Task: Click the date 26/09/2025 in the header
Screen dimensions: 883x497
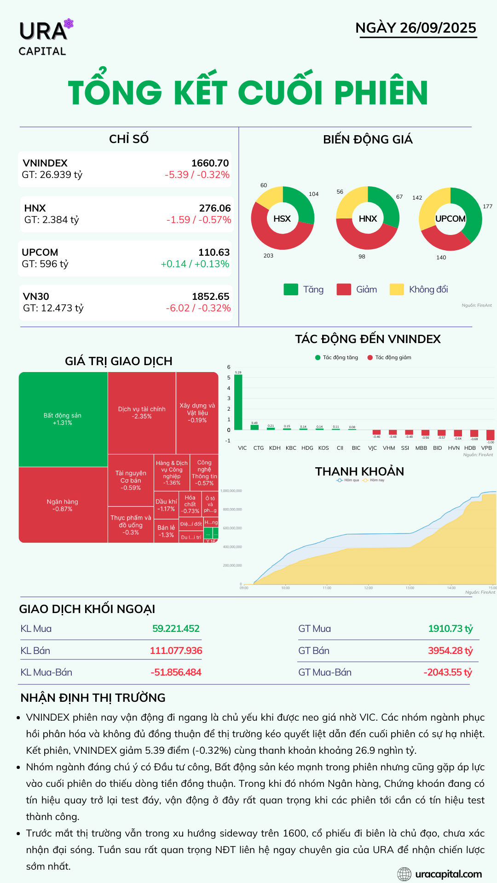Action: point(438,28)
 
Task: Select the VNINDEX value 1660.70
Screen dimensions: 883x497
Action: point(210,163)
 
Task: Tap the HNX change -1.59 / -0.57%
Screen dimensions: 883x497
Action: point(198,220)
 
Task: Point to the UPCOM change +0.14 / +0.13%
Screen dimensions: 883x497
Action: point(195,264)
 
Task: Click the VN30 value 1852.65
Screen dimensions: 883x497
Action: point(210,297)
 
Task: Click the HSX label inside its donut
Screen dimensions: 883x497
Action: point(282,218)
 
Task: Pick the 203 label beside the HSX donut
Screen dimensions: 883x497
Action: point(268,256)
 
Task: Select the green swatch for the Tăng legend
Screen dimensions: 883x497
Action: point(291,289)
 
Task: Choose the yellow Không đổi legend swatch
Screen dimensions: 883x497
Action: point(397,289)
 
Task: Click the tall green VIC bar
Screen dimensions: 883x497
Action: point(238,402)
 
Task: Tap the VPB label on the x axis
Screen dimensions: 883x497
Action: point(486,448)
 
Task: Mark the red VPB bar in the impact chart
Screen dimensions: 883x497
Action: point(490,435)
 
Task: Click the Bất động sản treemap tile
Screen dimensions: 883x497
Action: point(63,419)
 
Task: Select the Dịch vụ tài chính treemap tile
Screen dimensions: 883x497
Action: point(142,413)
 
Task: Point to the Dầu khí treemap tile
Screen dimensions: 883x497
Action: point(166,505)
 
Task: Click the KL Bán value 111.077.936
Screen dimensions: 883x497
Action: point(176,651)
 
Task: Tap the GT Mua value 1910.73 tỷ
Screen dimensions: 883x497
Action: point(450,629)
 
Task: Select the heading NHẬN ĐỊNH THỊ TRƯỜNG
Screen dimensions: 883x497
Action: point(93,698)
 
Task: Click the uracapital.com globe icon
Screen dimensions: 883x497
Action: point(404,874)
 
